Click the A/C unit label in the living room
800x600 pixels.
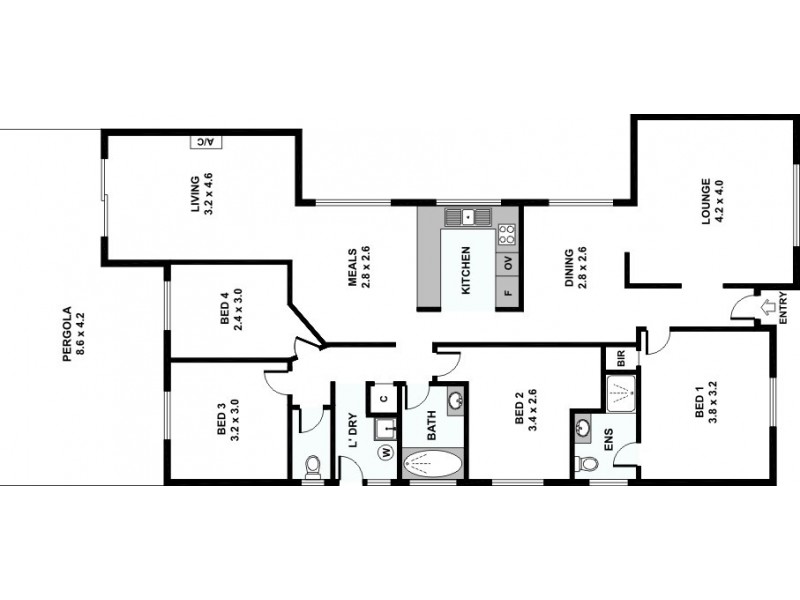(206, 142)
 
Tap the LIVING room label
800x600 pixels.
(203, 195)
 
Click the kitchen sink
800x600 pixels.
(465, 215)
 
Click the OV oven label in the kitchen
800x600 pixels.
(508, 264)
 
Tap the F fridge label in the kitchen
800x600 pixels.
(508, 294)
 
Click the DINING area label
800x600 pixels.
(575, 268)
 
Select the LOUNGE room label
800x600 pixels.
(712, 201)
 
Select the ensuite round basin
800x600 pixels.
(583, 428)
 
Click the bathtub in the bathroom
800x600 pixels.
(432, 463)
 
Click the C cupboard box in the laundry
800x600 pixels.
(384, 397)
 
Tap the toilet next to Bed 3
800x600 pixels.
(311, 464)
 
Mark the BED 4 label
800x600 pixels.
(231, 311)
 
